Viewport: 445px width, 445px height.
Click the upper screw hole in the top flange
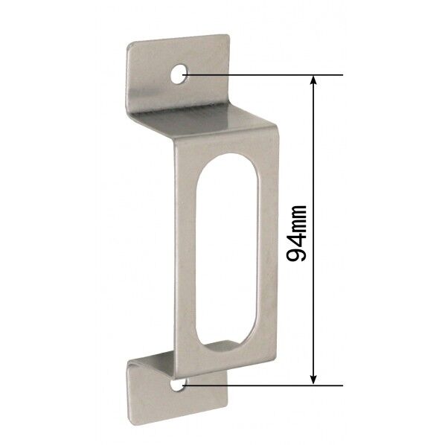click(179, 74)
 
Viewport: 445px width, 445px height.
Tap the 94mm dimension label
click(297, 233)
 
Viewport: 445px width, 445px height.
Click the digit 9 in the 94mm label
click(297, 253)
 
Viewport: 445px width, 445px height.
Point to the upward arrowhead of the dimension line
click(313, 80)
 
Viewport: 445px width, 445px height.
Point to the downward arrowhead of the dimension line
click(313, 380)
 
